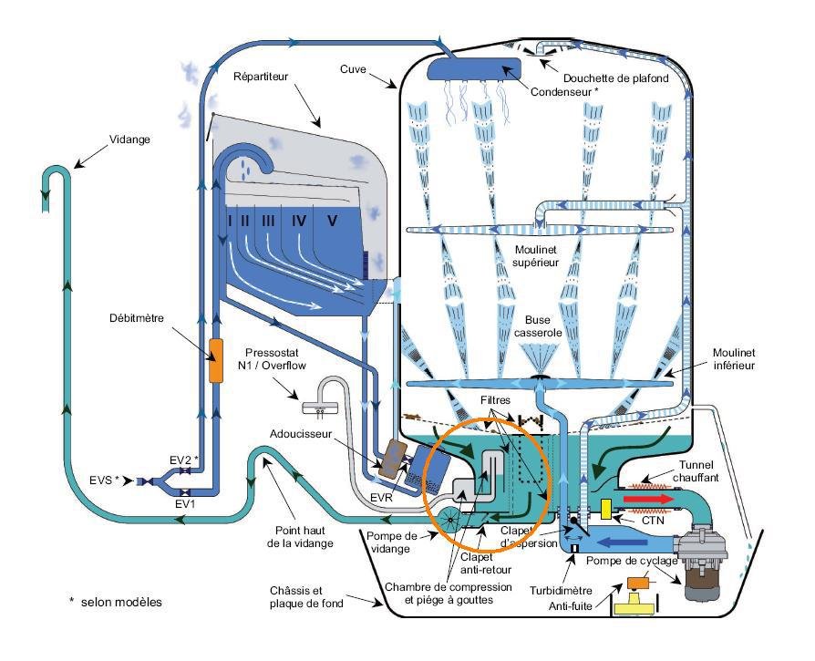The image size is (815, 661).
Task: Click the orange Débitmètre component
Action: [x=216, y=361]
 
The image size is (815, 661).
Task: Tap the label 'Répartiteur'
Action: [x=261, y=77]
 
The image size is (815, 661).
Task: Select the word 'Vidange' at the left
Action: [x=129, y=139]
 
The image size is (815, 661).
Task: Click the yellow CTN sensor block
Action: [x=605, y=509]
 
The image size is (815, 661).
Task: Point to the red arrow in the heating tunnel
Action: [x=647, y=499]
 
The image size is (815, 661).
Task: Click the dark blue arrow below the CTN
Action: [x=622, y=542]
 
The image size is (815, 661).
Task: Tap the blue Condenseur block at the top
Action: [x=474, y=69]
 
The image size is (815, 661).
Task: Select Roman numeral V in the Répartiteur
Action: [x=332, y=221]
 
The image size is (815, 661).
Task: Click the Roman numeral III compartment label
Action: [x=268, y=221]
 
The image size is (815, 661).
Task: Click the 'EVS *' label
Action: [x=105, y=480]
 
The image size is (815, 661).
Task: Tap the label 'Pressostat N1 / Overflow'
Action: [x=272, y=359]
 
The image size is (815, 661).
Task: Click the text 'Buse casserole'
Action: [x=538, y=326]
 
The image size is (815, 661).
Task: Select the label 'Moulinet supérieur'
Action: [x=536, y=256]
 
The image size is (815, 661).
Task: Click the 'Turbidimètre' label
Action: [x=561, y=590]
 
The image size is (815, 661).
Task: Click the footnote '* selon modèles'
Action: [x=116, y=602]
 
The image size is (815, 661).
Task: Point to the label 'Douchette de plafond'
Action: [x=616, y=78]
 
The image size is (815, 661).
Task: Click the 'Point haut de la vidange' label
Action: [x=301, y=537]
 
